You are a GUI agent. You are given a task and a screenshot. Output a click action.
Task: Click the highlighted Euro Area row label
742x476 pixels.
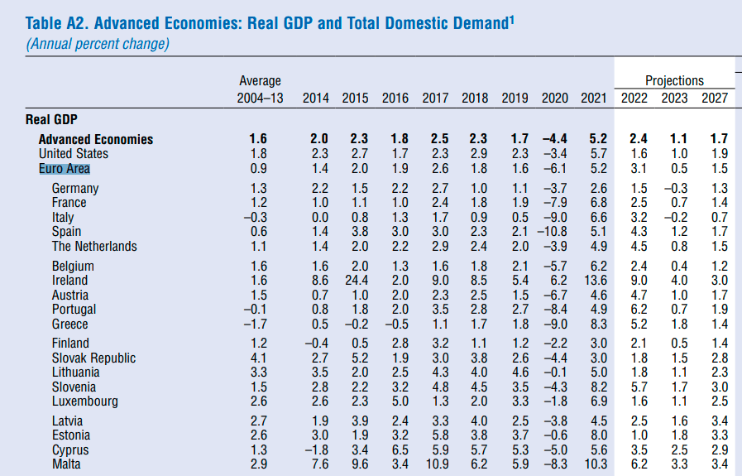click(65, 168)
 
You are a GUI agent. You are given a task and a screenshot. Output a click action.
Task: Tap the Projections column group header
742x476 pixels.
click(674, 80)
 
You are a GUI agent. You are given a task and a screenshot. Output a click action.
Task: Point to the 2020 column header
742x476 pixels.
click(555, 98)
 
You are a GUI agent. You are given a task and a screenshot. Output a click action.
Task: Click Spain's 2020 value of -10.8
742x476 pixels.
click(551, 232)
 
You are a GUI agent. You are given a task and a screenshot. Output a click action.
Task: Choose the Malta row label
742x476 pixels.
click(67, 465)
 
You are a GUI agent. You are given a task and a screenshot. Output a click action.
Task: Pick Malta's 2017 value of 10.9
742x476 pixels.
click(435, 465)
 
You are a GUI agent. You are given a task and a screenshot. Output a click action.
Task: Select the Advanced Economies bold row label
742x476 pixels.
click(96, 139)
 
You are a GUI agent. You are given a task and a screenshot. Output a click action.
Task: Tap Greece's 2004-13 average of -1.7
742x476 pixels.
click(258, 324)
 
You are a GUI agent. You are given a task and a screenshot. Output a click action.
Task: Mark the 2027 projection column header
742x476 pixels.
click(715, 98)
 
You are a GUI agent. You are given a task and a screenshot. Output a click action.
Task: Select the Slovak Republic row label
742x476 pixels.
click(93, 358)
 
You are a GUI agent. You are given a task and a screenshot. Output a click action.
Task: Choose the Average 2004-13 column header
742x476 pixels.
click(260, 89)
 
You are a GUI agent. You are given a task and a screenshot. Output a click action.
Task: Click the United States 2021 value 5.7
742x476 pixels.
click(598, 153)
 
